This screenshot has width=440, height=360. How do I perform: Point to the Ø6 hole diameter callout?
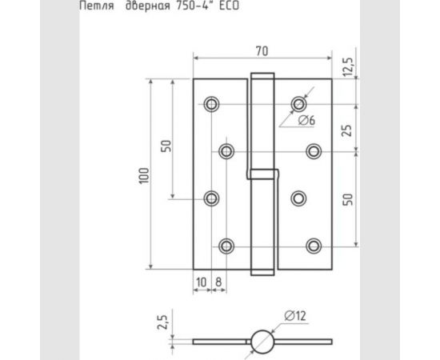coord(306,121)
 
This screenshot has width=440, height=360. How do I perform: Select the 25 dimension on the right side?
coord(347,128)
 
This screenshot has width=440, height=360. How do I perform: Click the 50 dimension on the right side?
coord(347,199)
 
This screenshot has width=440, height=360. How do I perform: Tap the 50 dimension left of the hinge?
coord(166,147)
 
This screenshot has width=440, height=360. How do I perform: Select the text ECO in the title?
coord(229,6)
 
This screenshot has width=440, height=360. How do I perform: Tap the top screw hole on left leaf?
coord(212,104)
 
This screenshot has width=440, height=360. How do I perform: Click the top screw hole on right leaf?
coord(298,104)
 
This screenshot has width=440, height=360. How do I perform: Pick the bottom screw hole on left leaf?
coord(226,246)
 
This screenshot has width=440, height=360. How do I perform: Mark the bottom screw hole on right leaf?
coord(314,246)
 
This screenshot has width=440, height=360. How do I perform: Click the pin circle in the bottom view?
coord(262,342)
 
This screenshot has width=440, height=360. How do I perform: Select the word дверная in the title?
coord(146,6)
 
